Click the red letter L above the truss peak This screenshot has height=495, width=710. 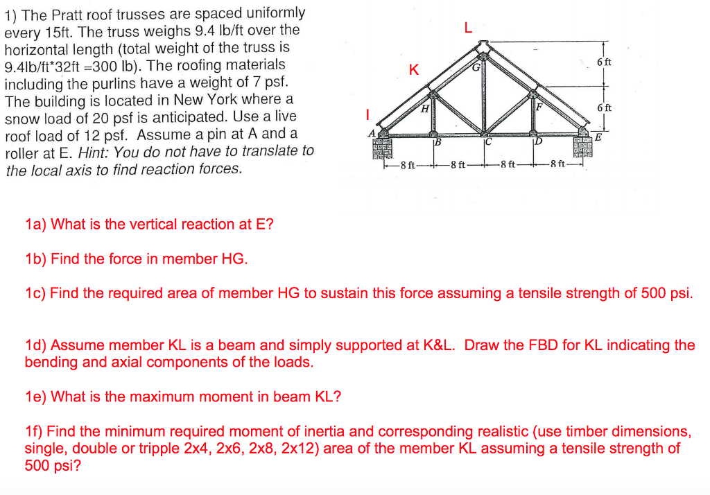[x=468, y=28]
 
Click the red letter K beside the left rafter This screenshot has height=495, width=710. [x=414, y=70]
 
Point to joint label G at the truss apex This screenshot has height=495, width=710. [x=476, y=68]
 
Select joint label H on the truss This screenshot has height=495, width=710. [x=425, y=108]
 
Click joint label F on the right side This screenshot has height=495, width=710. [x=539, y=107]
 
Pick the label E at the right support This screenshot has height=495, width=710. [x=598, y=137]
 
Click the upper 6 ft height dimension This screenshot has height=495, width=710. [x=604, y=62]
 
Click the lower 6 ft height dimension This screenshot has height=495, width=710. [x=604, y=107]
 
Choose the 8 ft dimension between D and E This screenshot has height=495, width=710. [x=557, y=165]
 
